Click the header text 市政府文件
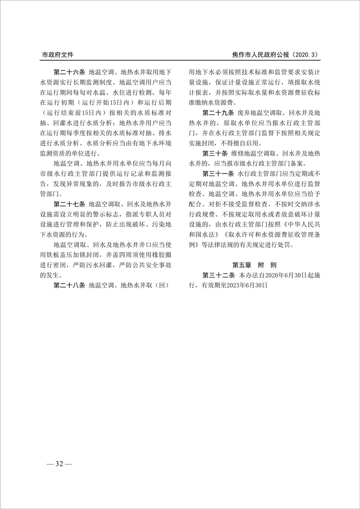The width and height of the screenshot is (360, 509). tap(58, 55)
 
